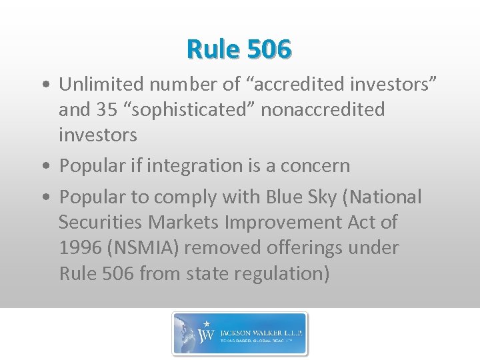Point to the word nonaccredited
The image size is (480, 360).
(323, 109)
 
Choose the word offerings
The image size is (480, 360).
(308, 248)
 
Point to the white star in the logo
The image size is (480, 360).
(207, 324)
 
